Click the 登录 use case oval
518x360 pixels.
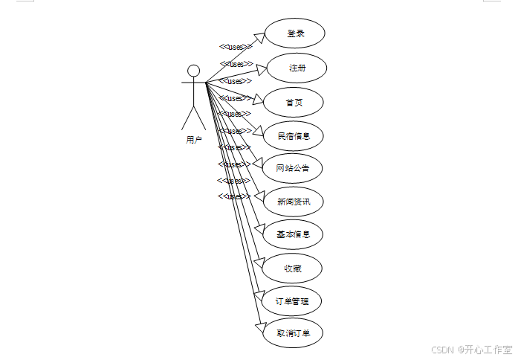click(x=295, y=33)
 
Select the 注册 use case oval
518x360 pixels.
click(x=296, y=68)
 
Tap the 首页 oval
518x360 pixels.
click(x=294, y=102)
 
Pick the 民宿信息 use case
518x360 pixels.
click(x=294, y=135)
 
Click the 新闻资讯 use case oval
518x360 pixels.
click(x=294, y=202)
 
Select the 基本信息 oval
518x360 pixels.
click(x=294, y=234)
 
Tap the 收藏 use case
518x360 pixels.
click(x=292, y=268)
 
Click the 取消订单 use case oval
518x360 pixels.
click(x=294, y=334)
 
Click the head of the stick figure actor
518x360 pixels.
click(x=193, y=71)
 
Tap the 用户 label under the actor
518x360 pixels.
click(x=193, y=139)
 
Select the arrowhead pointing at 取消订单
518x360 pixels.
click(x=259, y=326)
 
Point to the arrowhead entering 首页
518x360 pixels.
click(x=258, y=99)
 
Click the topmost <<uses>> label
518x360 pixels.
click(x=235, y=47)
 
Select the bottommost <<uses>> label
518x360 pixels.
click(x=233, y=196)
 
